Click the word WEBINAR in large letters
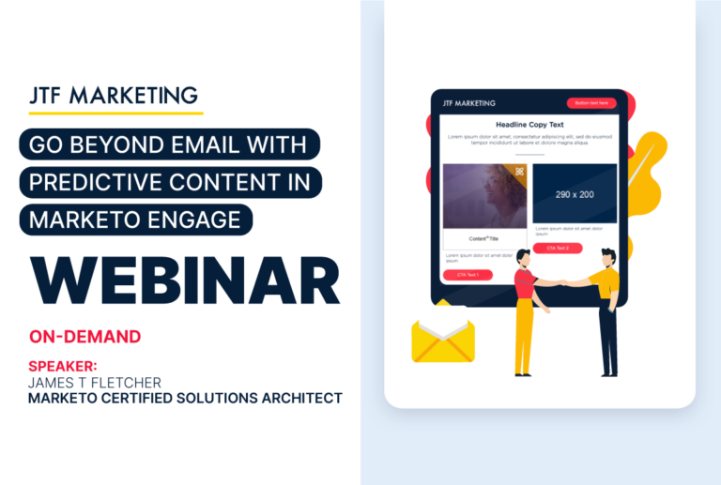(184, 278)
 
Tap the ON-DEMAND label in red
(84, 336)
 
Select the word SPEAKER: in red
(63, 366)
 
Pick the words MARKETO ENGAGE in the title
(141, 219)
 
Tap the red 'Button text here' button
(591, 103)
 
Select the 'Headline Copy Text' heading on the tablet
(529, 125)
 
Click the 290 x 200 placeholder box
(575, 194)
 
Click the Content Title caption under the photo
(484, 238)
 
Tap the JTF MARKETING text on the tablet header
(468, 103)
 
